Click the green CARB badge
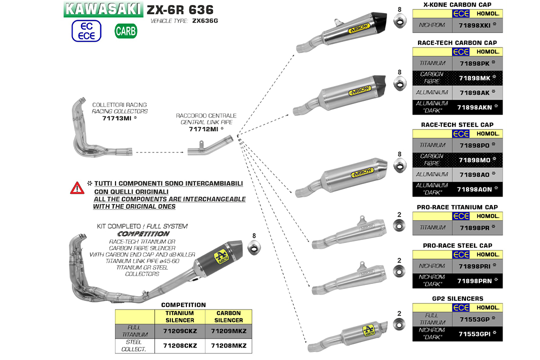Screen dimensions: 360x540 tap(125, 31)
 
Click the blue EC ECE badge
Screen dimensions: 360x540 tap(86, 31)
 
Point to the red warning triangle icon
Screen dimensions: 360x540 tap(77, 188)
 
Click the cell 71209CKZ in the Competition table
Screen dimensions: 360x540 tap(180, 330)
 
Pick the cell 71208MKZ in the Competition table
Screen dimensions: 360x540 tap(228, 345)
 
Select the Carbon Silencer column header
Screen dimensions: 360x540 tap(228, 316)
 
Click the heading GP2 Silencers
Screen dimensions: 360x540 tap(457, 298)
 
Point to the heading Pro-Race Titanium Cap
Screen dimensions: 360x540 tap(457, 207)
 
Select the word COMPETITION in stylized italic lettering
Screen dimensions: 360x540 tap(143, 233)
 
